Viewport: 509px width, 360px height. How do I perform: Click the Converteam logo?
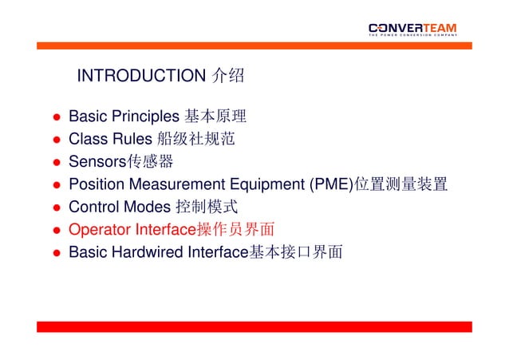pyautogui.click(x=412, y=29)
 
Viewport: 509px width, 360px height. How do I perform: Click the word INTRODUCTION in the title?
pyautogui.click(x=141, y=77)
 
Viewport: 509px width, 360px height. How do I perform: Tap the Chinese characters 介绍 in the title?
pyautogui.click(x=227, y=77)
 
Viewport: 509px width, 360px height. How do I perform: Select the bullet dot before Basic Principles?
pyautogui.click(x=57, y=118)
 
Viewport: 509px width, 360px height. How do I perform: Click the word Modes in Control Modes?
pyautogui.click(x=147, y=208)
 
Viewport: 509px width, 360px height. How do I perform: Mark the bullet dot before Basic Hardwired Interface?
pyautogui.click(x=57, y=253)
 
